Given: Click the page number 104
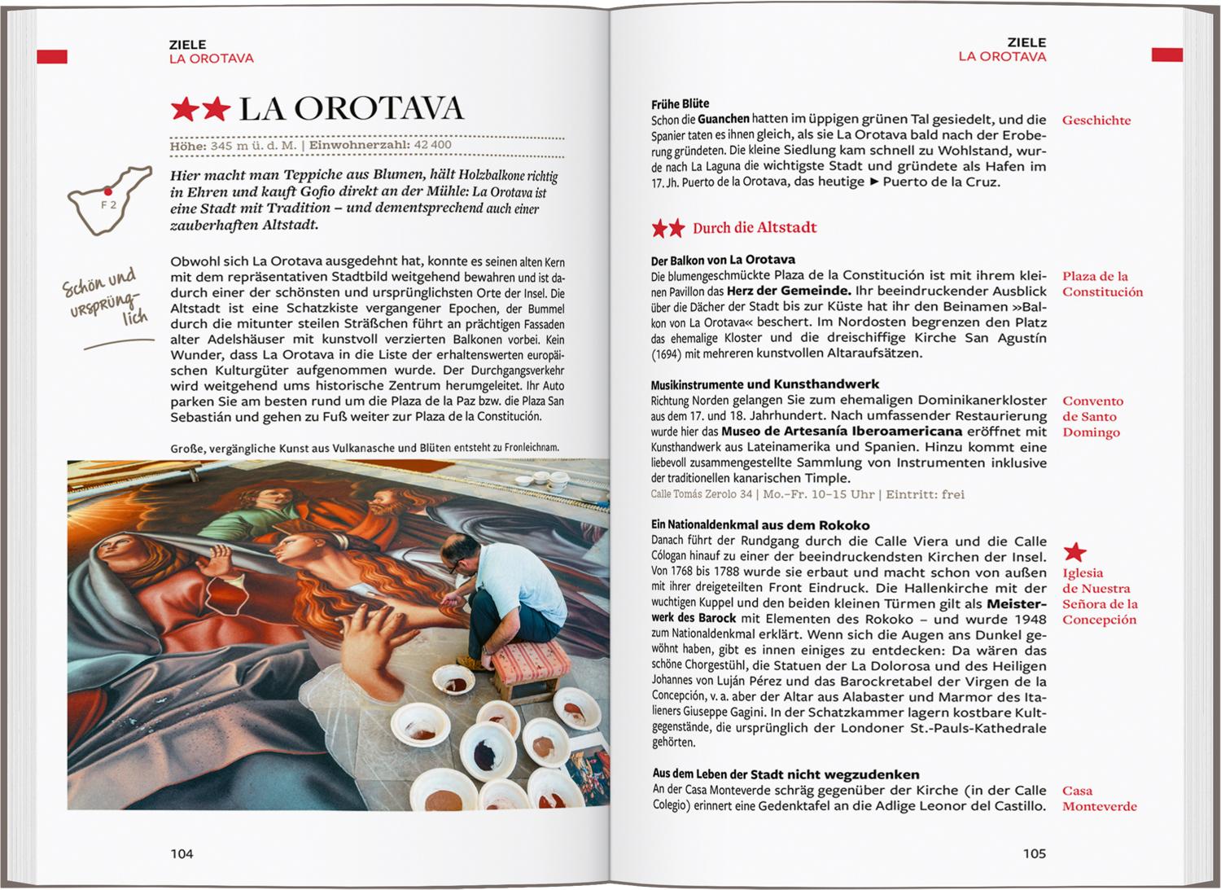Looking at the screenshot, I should pos(182,853).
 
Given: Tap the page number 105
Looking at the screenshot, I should pos(1034,853).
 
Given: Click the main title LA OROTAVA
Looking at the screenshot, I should pos(351,109).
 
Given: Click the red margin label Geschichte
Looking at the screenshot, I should pos(1096,121).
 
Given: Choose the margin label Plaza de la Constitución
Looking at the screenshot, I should pos(1102,284).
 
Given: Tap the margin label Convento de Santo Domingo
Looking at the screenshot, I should pos(1092,416).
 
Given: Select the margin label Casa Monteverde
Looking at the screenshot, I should pos(1099,798).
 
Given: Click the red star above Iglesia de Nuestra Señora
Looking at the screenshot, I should pos(1075,552).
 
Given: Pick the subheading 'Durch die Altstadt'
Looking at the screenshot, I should pos(755,228).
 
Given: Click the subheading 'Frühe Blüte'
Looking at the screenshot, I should pos(680,104).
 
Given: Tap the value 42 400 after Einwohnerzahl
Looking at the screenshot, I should pos(432,145).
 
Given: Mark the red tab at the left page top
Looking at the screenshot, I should pos(52,56).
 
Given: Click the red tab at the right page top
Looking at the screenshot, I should pos(1166,55).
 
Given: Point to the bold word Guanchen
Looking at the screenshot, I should pos(723,120).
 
